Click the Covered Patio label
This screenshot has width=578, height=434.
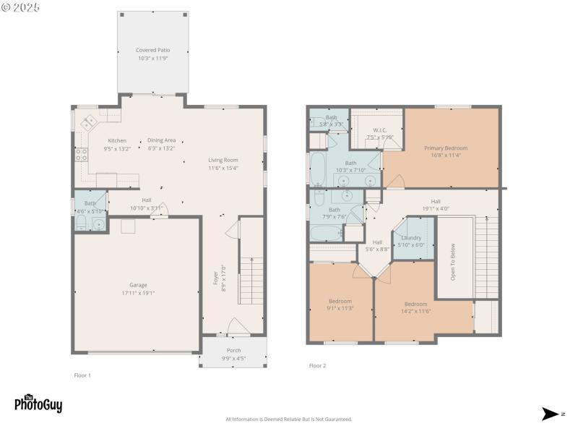(152, 51)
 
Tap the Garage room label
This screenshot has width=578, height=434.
(137, 285)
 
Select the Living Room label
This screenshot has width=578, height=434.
(223, 160)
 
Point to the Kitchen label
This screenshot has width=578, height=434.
(117, 140)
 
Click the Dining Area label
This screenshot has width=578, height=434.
(161, 140)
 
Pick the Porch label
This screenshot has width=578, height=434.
(233, 350)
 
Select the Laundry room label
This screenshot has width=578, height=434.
(411, 237)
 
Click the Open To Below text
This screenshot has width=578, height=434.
(453, 260)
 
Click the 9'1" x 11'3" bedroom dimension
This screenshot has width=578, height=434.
(340, 308)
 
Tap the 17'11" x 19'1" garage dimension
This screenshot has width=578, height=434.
(137, 293)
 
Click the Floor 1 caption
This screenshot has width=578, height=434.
(82, 375)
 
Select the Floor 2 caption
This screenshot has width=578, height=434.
(318, 366)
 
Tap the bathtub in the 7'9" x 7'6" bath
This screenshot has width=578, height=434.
(325, 233)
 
